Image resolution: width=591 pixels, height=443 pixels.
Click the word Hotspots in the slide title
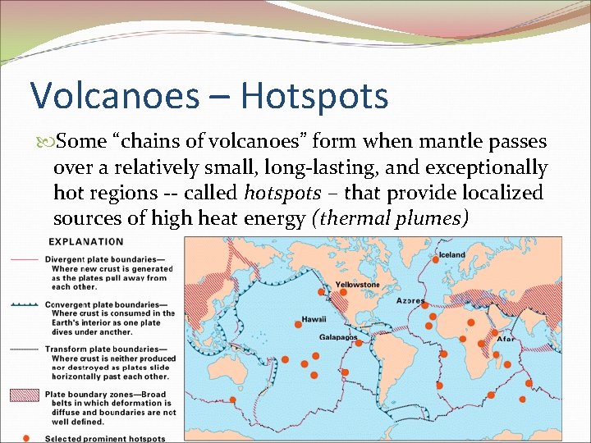314,95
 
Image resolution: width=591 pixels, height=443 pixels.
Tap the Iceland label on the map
452,255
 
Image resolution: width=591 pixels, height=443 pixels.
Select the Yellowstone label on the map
358,285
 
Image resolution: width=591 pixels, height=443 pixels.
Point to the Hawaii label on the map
313,319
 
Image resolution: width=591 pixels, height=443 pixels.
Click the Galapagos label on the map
338,337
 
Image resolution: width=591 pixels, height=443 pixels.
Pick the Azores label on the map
411,300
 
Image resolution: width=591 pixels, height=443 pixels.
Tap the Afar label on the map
506,338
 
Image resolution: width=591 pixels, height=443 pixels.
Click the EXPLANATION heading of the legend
86,242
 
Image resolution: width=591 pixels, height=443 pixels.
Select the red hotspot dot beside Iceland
435,259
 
